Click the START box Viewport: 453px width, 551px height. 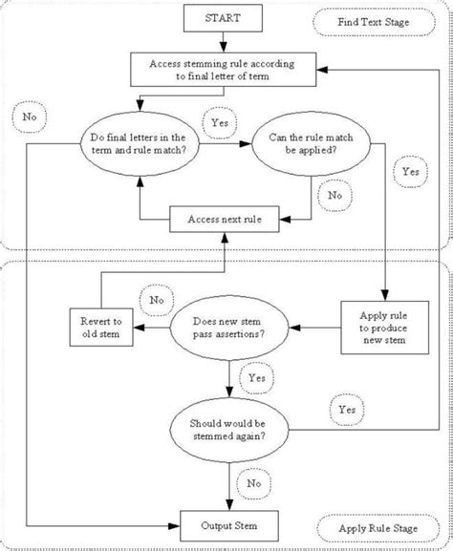coord(224,18)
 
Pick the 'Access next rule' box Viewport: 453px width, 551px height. coord(225,219)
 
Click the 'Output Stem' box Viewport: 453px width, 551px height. coord(229,524)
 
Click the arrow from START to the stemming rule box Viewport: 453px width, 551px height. coord(224,43)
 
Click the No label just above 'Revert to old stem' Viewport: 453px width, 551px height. coord(156,299)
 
